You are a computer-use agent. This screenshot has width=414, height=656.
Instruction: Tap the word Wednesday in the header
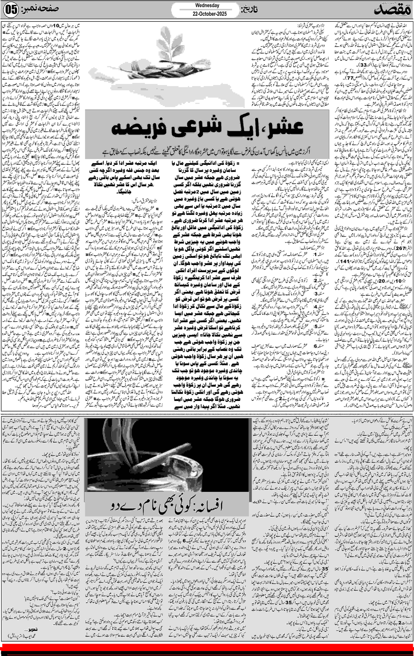click(x=207, y=5)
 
